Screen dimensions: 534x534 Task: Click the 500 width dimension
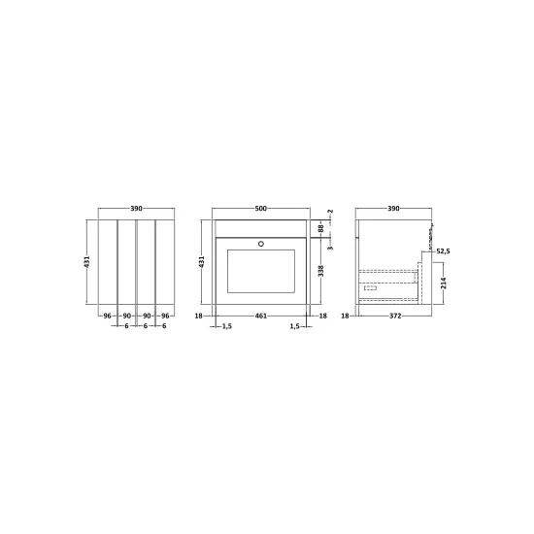261,209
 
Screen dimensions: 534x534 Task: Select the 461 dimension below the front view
261,317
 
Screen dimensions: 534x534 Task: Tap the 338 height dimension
320,271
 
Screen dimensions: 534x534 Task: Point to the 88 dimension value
320,228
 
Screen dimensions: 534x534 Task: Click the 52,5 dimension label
443,251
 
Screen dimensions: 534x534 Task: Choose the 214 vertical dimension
444,283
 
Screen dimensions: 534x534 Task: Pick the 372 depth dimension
395,317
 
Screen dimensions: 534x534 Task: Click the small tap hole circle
261,244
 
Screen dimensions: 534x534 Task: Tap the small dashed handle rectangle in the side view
370,288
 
